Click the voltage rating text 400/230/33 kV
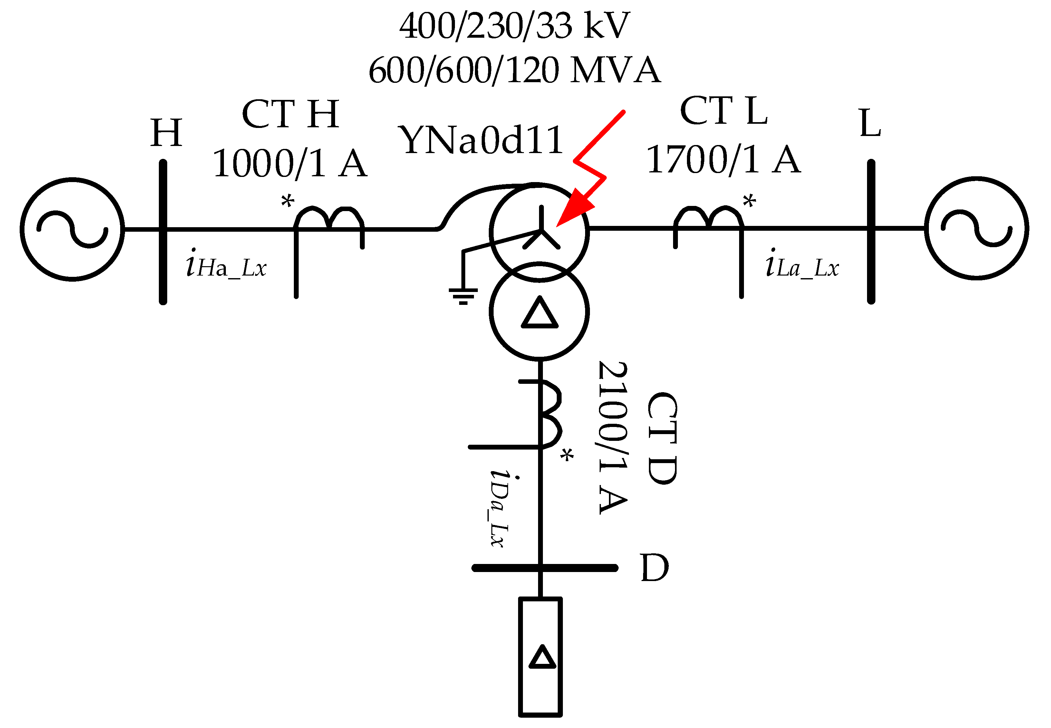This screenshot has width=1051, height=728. pyautogui.click(x=514, y=26)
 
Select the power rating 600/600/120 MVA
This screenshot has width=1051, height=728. pyautogui.click(x=514, y=71)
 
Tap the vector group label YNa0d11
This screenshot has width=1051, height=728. pyautogui.click(x=481, y=140)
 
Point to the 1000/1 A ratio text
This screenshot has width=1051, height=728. pyautogui.click(x=290, y=164)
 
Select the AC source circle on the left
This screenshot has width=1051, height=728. pyautogui.click(x=72, y=229)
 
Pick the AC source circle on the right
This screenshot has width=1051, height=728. pyautogui.click(x=976, y=228)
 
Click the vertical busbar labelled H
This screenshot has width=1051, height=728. pyautogui.click(x=163, y=232)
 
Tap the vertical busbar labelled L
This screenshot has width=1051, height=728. pyautogui.click(x=871, y=232)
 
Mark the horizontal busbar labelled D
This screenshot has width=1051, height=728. pyautogui.click(x=545, y=568)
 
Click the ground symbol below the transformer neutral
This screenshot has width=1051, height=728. pyautogui.click(x=463, y=296)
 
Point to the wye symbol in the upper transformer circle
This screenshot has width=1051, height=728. pyautogui.click(x=541, y=230)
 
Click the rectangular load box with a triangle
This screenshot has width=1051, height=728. pyautogui.click(x=540, y=657)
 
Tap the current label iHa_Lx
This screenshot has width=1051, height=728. pyautogui.click(x=226, y=265)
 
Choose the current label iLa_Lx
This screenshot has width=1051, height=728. pyautogui.click(x=802, y=265)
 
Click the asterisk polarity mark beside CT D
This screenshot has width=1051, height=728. pyautogui.click(x=567, y=455)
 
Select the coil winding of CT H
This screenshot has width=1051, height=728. pyautogui.click(x=328, y=218)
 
